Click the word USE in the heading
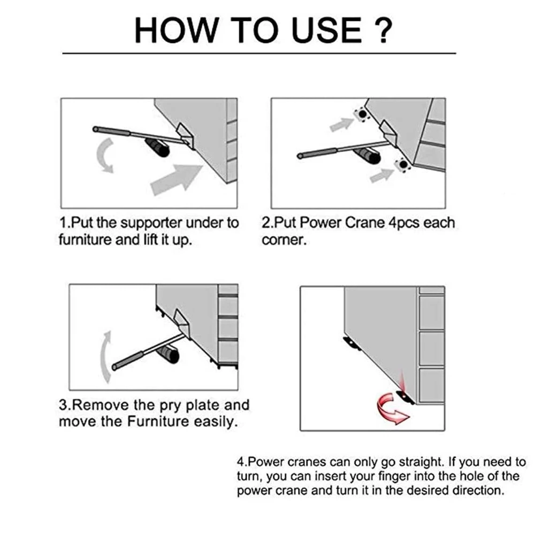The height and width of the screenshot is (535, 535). (x=327, y=30)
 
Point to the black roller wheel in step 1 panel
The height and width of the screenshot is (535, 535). (x=158, y=147)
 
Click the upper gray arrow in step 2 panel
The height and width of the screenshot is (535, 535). (x=341, y=124)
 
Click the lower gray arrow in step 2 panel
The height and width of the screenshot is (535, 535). (x=382, y=175)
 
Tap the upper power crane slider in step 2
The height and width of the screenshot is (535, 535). (x=362, y=114)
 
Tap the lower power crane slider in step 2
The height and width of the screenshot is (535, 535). (x=403, y=165)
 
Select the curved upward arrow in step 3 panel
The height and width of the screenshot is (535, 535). (x=106, y=356)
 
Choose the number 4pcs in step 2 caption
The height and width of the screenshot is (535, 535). (x=404, y=223)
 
